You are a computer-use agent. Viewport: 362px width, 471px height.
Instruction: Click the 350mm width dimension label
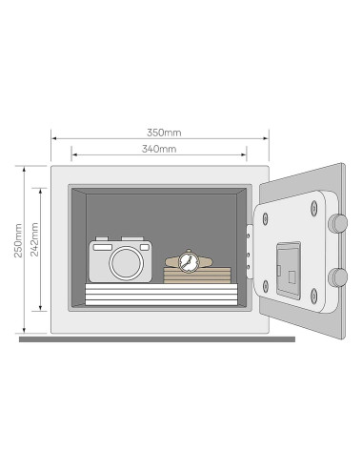[x=158, y=131]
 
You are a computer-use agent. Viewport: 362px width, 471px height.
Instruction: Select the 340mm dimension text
[x=158, y=150]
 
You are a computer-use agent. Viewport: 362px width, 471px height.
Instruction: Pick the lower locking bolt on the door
[x=337, y=277]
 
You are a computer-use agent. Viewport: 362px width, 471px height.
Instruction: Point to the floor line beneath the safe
[x=152, y=338]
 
